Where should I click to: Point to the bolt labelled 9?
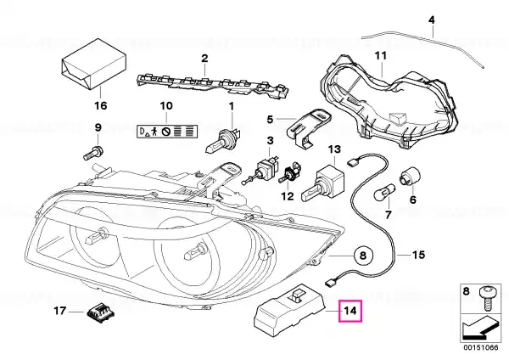92,154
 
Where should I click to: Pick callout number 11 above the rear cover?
381,57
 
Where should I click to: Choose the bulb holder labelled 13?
328,181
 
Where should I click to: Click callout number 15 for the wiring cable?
418,254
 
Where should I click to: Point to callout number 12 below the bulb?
287,196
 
